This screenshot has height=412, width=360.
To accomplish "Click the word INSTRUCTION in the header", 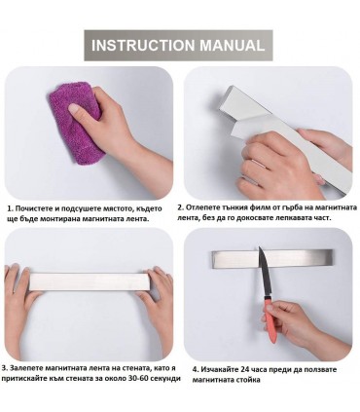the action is point(143,46).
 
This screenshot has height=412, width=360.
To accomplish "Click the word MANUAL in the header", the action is point(233,46).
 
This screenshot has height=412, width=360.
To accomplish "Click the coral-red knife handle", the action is point(270,321).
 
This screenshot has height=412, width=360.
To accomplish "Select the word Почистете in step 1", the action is point(36,208).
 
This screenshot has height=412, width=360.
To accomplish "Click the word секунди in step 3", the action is point(164,379).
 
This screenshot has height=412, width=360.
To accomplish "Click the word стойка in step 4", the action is point(247,380).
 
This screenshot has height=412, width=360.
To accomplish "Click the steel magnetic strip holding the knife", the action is point(272,259).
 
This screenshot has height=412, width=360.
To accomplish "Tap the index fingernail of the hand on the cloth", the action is point(74,108).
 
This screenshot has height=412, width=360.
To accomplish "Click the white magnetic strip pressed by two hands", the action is point(90,281).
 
